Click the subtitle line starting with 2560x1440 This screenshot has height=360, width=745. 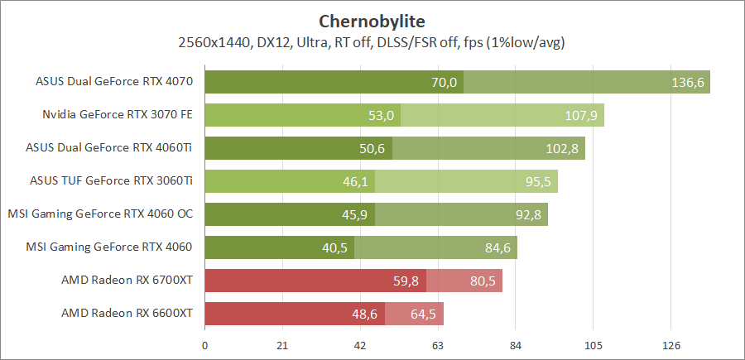tap(372, 41)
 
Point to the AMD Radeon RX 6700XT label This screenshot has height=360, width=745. tap(127, 281)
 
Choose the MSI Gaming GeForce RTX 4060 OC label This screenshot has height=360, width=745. tap(100, 214)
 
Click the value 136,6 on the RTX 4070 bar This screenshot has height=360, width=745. tap(689, 82)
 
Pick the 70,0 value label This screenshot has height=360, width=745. tap(444, 82)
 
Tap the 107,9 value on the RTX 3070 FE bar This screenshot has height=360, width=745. tap(581, 115)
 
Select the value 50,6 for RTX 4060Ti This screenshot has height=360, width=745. tap(372, 148)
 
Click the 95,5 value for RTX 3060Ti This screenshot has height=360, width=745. tap(535, 181)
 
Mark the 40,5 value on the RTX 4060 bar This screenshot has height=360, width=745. tap(334, 247)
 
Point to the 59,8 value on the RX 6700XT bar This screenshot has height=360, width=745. tap(406, 281)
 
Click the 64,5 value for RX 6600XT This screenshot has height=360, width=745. tap(423, 314)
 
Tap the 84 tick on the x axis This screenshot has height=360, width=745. tap(516, 345)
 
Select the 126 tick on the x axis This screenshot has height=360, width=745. tap(671, 345)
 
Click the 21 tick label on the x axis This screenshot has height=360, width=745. tap(282, 345)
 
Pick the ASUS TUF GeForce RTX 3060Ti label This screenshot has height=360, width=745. tap(111, 181)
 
